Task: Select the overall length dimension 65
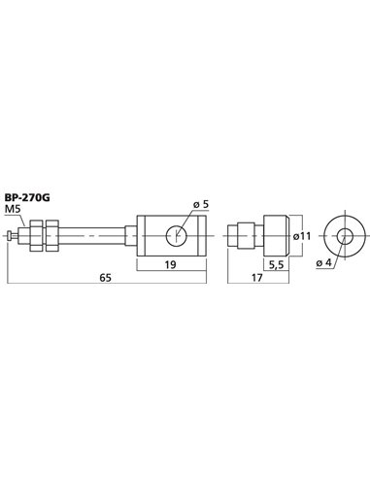point(106,275)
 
